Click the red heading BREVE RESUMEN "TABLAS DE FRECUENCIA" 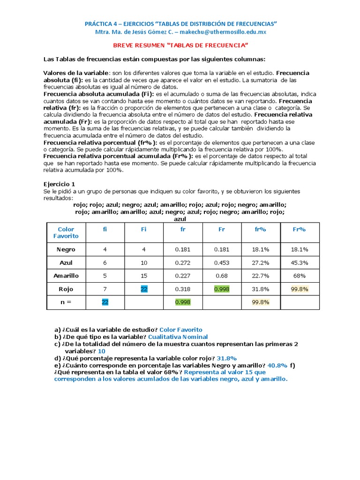180,45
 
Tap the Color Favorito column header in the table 66,232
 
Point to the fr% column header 261,229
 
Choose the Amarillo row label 66,276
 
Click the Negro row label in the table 66,249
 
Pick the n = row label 66,302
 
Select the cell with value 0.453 222,262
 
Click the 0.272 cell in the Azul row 183,262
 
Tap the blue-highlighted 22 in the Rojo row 144,289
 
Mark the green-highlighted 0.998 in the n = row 183,302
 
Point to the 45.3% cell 300,262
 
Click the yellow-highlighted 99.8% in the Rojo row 300,289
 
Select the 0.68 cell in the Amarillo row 222,276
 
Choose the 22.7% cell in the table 261,276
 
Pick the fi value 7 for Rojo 105,289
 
